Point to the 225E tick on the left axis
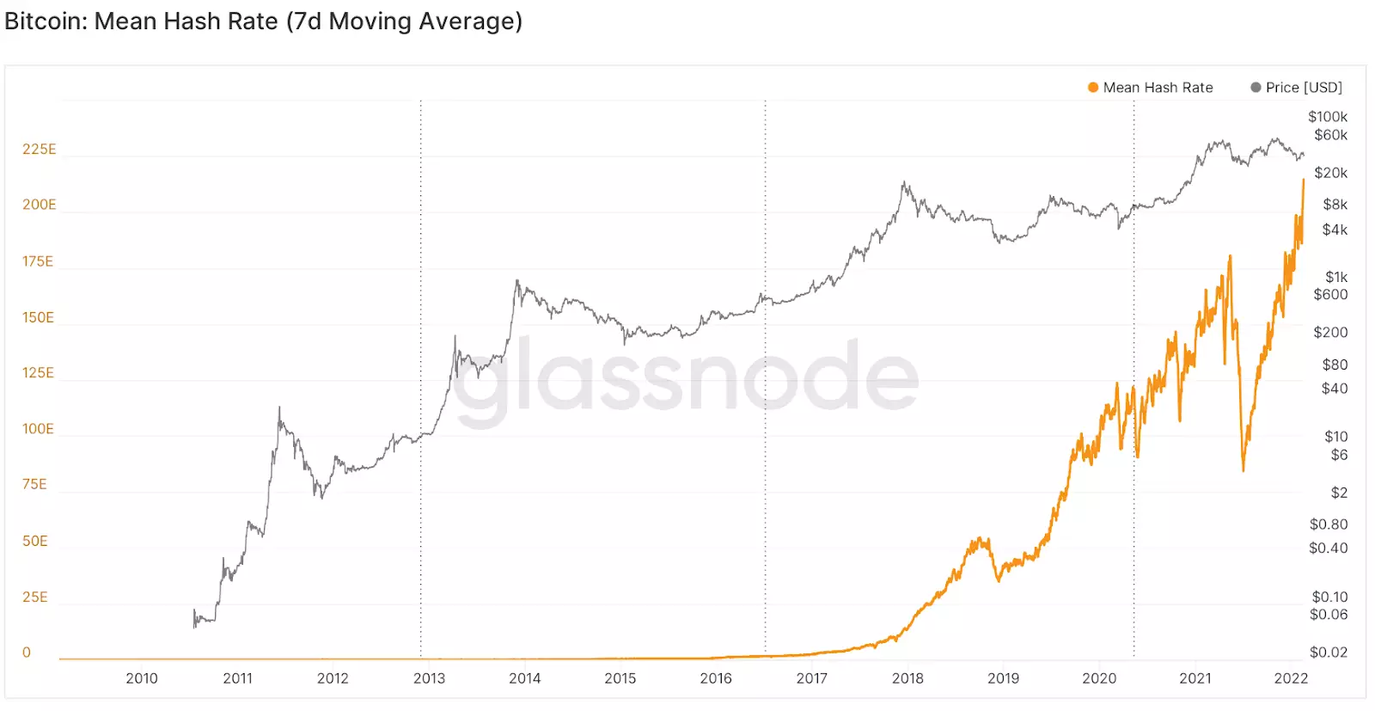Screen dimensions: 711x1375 [40, 150]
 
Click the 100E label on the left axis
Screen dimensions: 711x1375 [38, 429]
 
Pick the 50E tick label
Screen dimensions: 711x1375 [35, 541]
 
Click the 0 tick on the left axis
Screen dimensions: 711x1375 [27, 653]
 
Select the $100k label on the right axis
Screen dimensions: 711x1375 [1328, 117]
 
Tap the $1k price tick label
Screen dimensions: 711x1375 [1336, 277]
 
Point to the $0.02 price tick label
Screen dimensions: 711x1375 [1328, 653]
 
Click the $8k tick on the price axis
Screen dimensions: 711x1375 [1335, 205]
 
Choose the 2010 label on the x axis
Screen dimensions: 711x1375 [142, 678]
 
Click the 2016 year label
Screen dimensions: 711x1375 [716, 678]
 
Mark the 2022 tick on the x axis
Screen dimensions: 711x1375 [1291, 678]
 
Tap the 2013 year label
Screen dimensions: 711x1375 [429, 678]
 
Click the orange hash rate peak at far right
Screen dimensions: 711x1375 [1303, 181]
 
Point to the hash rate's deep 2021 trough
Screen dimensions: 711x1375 [1243, 469]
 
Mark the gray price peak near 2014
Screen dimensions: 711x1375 [516, 280]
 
